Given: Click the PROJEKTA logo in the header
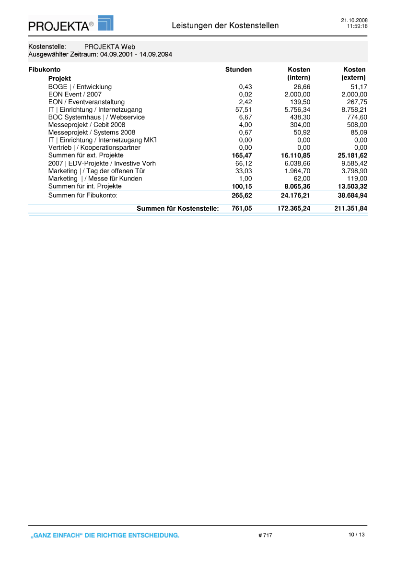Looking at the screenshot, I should point(70,24).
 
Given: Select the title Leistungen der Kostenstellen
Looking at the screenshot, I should point(225,25).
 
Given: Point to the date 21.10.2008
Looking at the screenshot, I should point(354,20).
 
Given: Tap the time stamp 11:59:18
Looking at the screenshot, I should point(357,26).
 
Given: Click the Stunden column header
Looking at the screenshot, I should point(238,70).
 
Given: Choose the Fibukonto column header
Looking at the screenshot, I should point(44,70).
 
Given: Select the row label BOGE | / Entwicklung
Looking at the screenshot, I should point(80,87).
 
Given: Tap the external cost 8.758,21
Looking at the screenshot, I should point(354,110).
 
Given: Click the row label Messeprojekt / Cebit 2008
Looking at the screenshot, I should point(87,125).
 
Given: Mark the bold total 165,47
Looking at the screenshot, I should point(242,155).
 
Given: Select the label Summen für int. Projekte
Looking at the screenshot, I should point(85,186).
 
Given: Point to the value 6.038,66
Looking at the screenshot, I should point(297,164).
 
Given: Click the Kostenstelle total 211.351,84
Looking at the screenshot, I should point(350,209).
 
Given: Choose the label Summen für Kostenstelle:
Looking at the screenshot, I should point(177,209).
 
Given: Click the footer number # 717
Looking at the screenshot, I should point(265,536).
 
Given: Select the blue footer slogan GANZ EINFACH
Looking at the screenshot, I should point(105,536).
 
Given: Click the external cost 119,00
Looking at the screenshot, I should point(357,179).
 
